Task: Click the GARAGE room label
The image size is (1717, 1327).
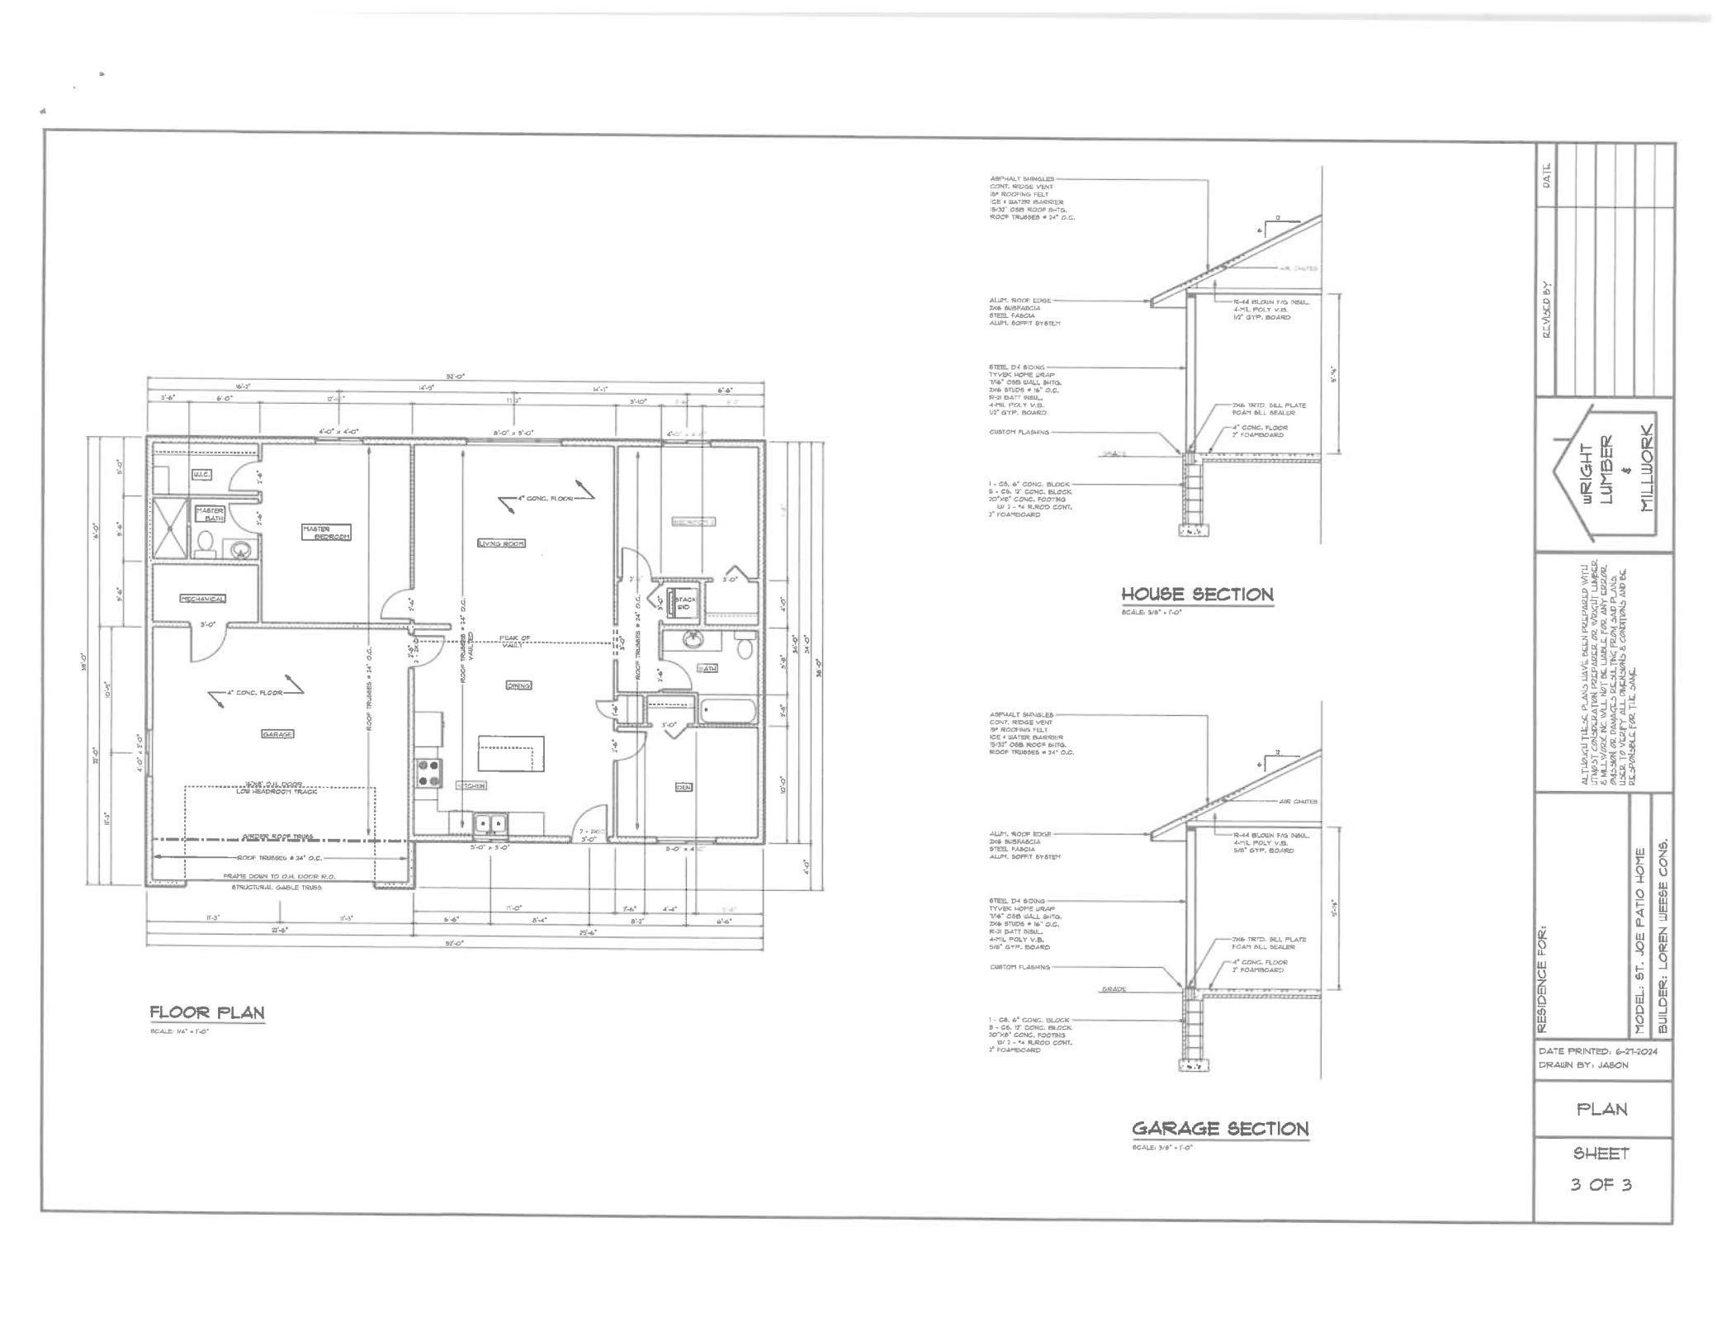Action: pos(277,733)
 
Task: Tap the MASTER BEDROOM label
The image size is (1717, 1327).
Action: pos(327,533)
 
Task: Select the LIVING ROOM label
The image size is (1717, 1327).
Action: pos(501,543)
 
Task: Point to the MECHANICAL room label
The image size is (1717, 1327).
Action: pos(203,599)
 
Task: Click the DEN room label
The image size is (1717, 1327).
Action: pos(683,787)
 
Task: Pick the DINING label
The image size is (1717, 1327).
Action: pos(519,685)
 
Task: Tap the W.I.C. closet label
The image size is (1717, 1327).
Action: pos(202,475)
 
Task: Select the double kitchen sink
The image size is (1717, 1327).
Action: pos(490,823)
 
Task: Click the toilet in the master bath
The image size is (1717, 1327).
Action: pos(206,543)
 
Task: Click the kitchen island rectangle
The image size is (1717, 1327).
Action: pos(511,753)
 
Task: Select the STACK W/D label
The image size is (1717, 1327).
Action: pos(685,603)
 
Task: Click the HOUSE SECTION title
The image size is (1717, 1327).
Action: pos(1197,594)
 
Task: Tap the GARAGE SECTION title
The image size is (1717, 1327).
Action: pos(1220,1128)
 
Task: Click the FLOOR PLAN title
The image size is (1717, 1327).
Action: pos(207,1012)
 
